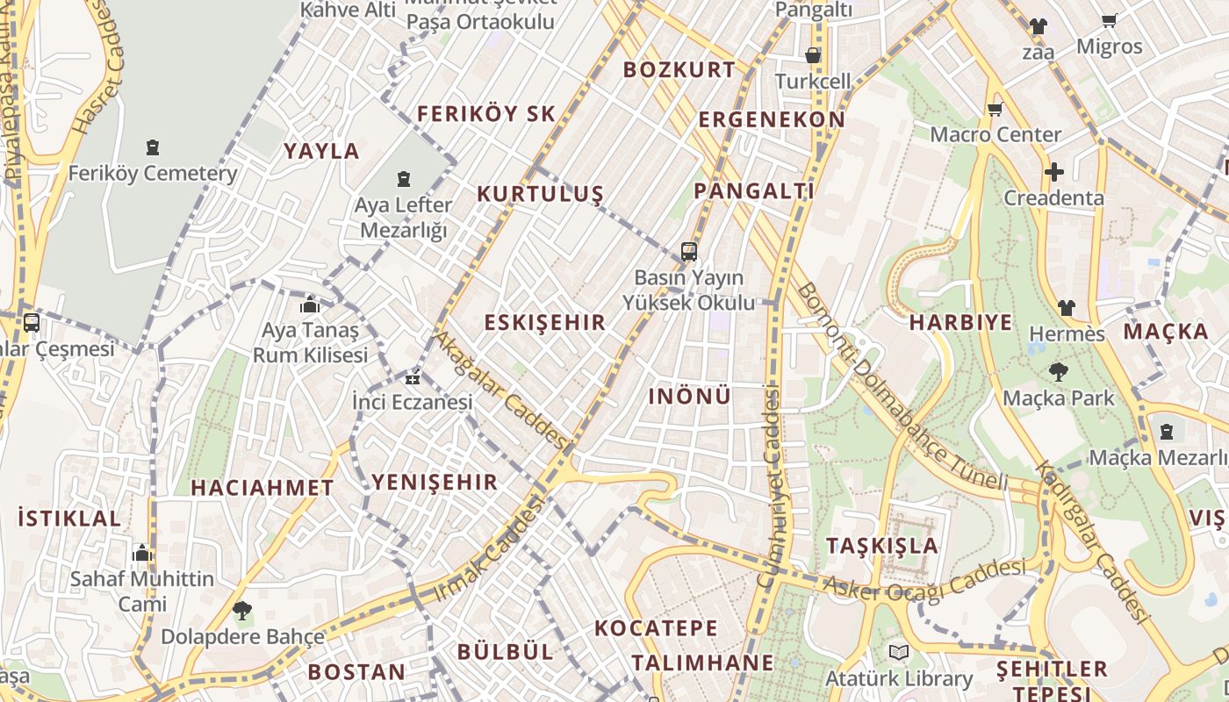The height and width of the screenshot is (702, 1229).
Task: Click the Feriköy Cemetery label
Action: coord(153,173)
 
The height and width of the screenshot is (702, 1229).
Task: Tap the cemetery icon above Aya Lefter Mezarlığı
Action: coord(404,180)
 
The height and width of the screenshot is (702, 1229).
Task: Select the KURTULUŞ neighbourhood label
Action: coord(540,194)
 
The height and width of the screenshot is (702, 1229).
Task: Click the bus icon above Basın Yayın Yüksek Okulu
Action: coord(689,253)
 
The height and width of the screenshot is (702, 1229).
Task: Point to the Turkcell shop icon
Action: coord(813,55)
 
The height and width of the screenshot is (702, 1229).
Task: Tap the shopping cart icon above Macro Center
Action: coord(995,110)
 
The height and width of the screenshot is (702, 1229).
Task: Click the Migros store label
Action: coord(1110,47)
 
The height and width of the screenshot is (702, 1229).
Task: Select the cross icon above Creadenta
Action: coord(1053,172)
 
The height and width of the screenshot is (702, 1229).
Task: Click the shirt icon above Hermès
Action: coord(1066,308)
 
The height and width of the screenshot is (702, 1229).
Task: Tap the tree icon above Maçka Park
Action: coord(1058,372)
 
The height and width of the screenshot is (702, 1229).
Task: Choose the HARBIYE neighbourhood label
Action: coord(960,322)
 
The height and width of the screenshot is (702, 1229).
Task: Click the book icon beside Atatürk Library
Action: coord(898,652)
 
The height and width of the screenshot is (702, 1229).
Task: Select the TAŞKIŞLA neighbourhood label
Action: coord(882,546)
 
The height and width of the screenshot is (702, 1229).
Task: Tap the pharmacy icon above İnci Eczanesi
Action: coord(412,378)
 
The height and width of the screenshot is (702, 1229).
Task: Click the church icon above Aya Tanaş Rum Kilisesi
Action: coord(310,305)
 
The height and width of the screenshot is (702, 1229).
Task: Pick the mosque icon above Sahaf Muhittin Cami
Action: coord(142,554)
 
